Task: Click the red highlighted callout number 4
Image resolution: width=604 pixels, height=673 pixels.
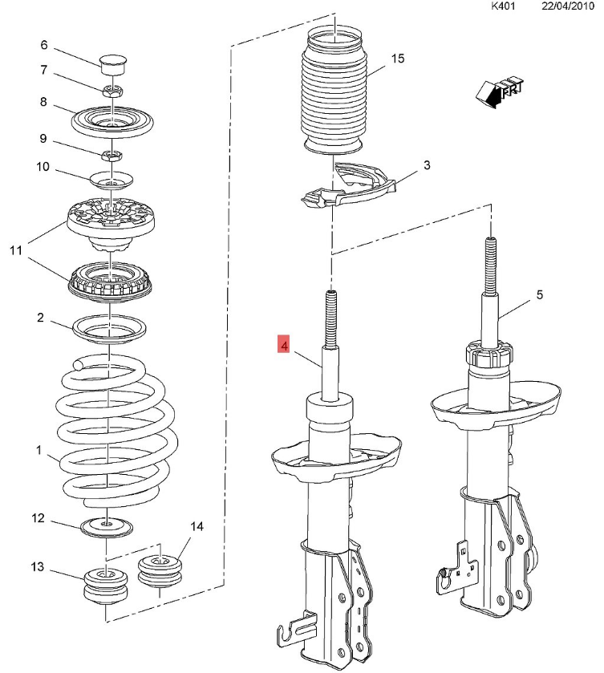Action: [x=283, y=345]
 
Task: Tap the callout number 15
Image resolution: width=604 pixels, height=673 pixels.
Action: [x=399, y=59]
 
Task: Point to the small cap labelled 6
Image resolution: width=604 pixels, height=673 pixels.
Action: [x=111, y=63]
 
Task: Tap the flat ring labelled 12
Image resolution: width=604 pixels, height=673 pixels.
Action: [x=106, y=526]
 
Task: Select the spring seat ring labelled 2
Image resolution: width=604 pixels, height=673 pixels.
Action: [x=110, y=328]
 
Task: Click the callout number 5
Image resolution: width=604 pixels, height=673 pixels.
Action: [x=540, y=295]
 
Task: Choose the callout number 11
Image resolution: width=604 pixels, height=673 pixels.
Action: [x=15, y=251]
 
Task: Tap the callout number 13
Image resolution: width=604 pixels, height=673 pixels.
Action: [x=38, y=567]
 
